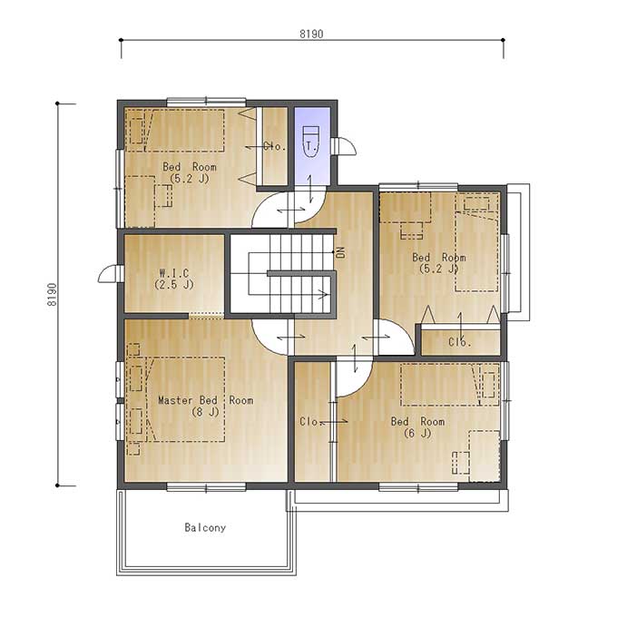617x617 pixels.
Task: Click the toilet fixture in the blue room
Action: coord(311,142)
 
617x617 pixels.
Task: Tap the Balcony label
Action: coord(205,528)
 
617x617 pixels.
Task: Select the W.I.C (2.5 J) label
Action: coord(174,279)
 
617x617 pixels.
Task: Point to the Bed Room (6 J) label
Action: coord(417,427)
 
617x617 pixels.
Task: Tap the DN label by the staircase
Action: coord(341,252)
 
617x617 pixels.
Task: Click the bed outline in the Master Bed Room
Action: coord(185,399)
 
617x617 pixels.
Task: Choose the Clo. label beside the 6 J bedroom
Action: coord(311,421)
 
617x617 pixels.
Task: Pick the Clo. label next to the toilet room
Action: coord(274,146)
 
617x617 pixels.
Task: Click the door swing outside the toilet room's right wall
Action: coord(345,146)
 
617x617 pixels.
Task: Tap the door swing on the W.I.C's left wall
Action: coord(108,273)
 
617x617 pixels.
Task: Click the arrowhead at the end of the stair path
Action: coord(323,294)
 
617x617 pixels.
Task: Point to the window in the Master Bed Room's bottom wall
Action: coord(206,487)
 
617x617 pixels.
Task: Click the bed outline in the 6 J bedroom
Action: coord(450,385)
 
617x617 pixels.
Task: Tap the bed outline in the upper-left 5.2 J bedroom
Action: coord(175,131)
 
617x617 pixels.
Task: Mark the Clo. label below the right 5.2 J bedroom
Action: coord(460,342)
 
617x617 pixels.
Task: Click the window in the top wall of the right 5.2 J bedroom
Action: coord(418,186)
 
